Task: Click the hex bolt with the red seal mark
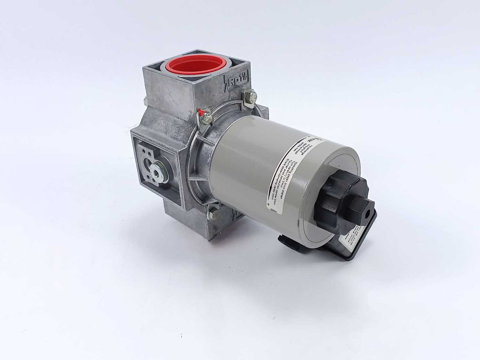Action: [205, 117]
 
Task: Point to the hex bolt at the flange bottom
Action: [214, 214]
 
